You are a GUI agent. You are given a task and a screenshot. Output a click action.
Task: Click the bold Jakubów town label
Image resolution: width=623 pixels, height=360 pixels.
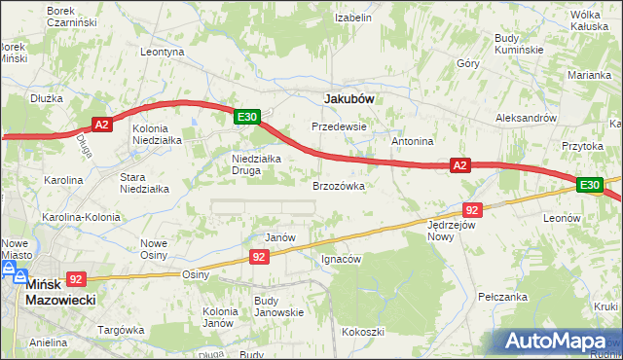348,98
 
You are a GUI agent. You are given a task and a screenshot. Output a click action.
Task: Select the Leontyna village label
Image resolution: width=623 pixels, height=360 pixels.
163,52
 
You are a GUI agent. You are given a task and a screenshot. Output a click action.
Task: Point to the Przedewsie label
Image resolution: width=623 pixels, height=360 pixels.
338,126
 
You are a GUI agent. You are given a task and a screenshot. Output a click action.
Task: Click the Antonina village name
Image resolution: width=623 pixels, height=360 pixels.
412,141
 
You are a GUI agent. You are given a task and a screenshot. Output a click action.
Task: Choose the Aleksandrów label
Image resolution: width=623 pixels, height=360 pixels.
526,116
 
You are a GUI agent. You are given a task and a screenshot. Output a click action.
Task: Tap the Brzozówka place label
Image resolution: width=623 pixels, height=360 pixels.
338,185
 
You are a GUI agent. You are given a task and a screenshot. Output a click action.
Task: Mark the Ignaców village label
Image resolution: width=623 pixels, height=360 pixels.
342,260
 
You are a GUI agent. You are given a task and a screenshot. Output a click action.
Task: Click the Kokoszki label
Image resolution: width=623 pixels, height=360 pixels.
362,332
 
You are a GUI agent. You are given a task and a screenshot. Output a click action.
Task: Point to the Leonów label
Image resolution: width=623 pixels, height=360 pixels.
563,219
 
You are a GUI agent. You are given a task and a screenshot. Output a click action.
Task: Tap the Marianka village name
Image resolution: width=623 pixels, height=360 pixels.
590,74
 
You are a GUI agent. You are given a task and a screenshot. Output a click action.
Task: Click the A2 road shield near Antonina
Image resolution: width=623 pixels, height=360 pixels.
461,166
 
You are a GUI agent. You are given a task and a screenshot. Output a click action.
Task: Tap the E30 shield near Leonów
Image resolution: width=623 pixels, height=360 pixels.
588,185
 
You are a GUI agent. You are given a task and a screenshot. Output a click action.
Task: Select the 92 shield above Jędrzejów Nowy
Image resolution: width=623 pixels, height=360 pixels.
472,209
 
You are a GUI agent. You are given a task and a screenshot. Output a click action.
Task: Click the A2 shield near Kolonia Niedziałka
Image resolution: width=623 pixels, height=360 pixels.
103,124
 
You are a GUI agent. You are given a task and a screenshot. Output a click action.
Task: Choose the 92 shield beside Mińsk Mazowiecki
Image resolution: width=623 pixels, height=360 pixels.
78,277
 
